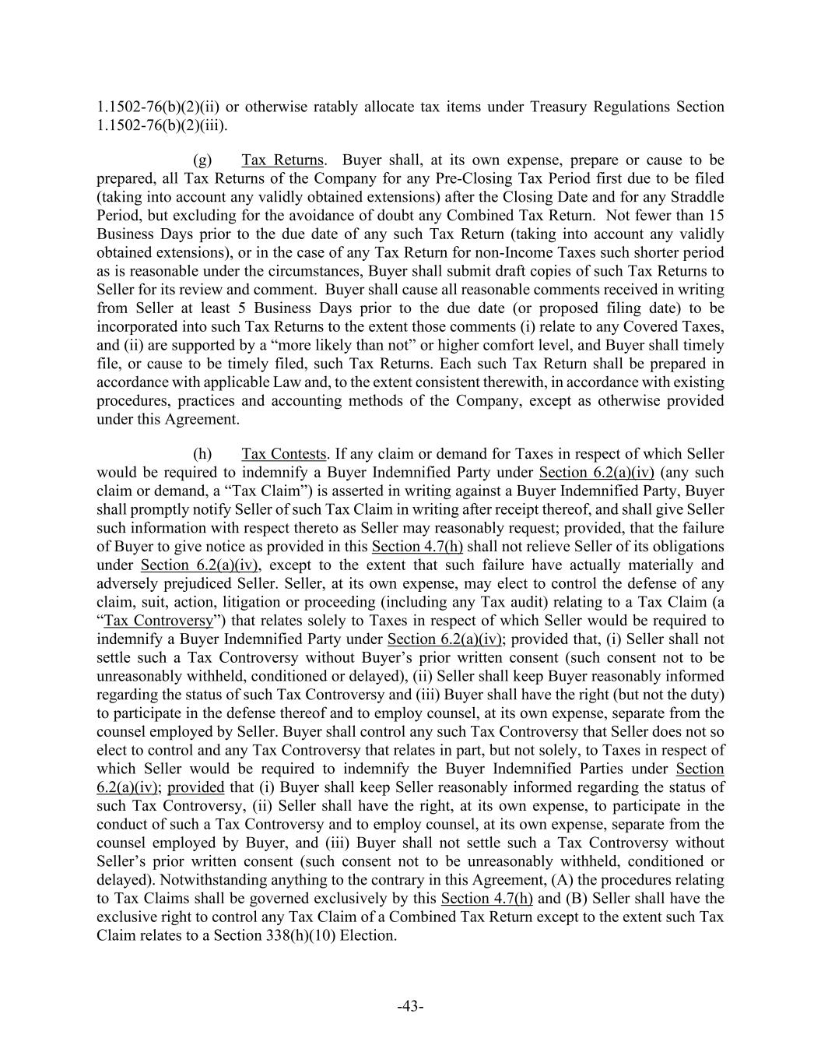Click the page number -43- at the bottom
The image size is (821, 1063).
(410, 1006)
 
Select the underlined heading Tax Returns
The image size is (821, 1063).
(282, 160)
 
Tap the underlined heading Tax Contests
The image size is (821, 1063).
(283, 453)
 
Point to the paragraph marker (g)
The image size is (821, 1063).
(202, 160)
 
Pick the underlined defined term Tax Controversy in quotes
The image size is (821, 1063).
(158, 621)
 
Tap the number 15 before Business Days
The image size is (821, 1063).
(715, 216)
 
